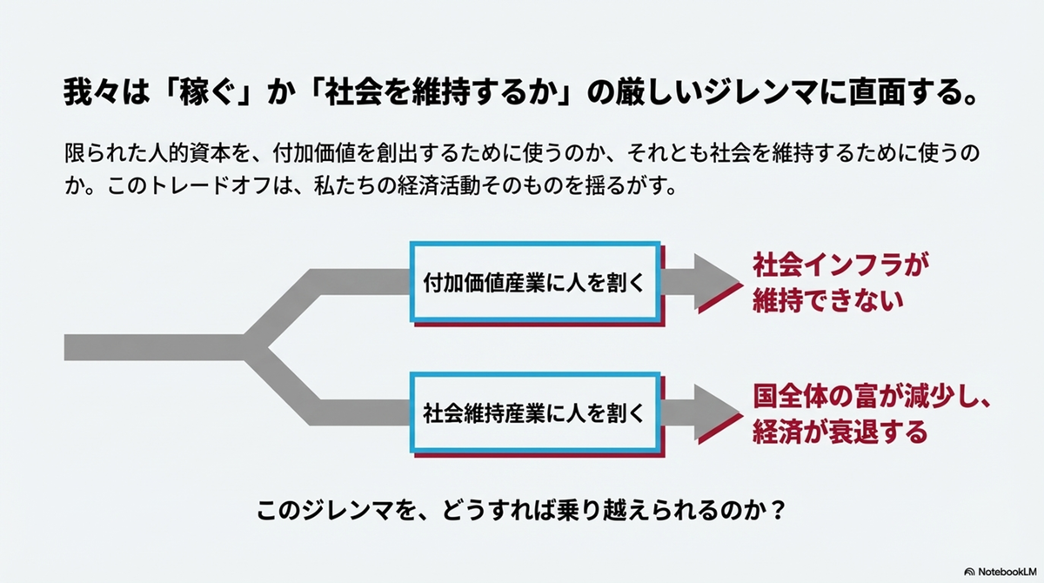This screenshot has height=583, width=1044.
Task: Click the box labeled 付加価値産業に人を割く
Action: tap(533, 282)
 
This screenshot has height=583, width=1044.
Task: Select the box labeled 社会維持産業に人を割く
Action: tap(533, 412)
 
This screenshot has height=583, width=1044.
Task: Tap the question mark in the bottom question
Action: tap(779, 509)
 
